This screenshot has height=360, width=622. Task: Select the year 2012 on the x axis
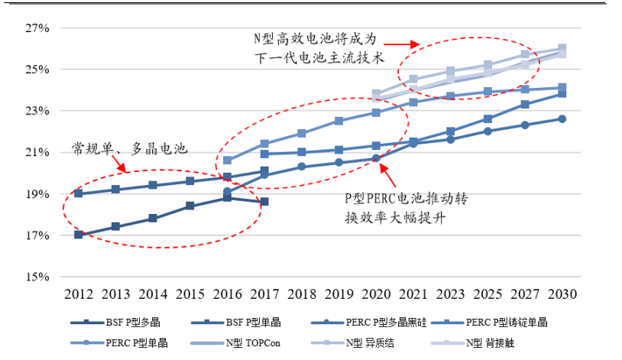79,294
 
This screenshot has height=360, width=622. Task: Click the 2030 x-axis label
562,294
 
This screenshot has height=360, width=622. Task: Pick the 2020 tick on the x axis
376,294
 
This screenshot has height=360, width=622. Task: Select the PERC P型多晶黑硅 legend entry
371,323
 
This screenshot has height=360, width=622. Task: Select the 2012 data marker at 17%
79,235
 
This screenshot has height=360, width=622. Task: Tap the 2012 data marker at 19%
79,193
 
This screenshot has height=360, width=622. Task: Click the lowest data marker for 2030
562,118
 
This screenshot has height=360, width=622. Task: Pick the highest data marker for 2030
562,49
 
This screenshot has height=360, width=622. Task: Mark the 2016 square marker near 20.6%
227,161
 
